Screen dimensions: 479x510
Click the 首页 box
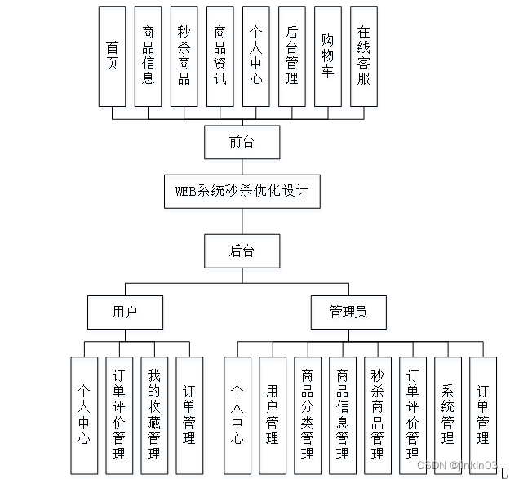tap(112, 56)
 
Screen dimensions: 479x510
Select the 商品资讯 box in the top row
tap(220, 56)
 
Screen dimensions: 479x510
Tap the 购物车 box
tap(327, 56)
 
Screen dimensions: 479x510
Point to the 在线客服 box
tap(363, 56)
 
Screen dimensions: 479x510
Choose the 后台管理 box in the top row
tap(291, 56)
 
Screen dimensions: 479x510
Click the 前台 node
tap(242, 142)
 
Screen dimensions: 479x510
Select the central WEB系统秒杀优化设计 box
tap(242, 193)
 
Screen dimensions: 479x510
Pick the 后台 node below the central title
tap(242, 251)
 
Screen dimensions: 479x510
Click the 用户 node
tap(125, 312)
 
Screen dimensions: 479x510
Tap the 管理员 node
tap(348, 312)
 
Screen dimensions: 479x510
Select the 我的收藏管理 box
tap(154, 415)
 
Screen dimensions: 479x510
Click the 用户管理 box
tap(272, 415)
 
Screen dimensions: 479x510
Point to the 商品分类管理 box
tap(307, 415)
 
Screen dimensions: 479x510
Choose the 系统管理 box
tap(447, 415)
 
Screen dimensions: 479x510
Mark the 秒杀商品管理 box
tap(377, 415)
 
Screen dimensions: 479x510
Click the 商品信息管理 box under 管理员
tap(342, 415)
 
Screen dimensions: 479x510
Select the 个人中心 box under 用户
tap(84, 415)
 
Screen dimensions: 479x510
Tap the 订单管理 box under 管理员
tap(482, 415)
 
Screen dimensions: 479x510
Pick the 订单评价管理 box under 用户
tap(119, 415)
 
